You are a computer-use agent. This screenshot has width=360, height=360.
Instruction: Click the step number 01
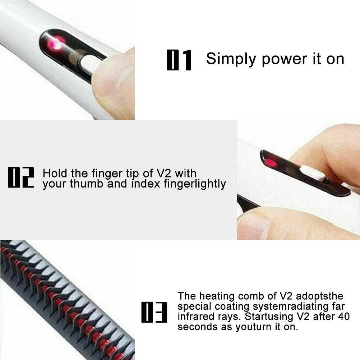179,60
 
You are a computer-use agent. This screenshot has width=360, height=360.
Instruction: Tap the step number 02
21,177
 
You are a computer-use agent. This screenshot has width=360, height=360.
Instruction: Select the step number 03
154,312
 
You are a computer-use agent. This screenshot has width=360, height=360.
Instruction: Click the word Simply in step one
231,59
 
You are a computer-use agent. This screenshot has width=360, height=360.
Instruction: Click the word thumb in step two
87,184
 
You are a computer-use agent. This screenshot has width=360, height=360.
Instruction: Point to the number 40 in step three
344,317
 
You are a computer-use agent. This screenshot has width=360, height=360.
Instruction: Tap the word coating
232,306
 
